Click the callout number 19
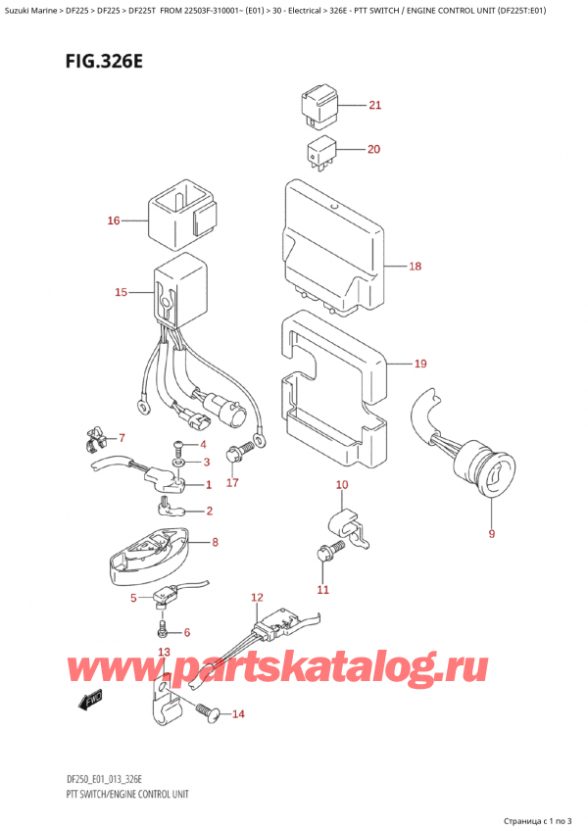(x=420, y=365)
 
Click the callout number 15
(x=121, y=292)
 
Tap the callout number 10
(x=341, y=485)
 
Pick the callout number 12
(x=257, y=597)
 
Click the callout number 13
(x=164, y=653)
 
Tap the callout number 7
(x=122, y=437)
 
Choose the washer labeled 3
(x=177, y=462)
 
